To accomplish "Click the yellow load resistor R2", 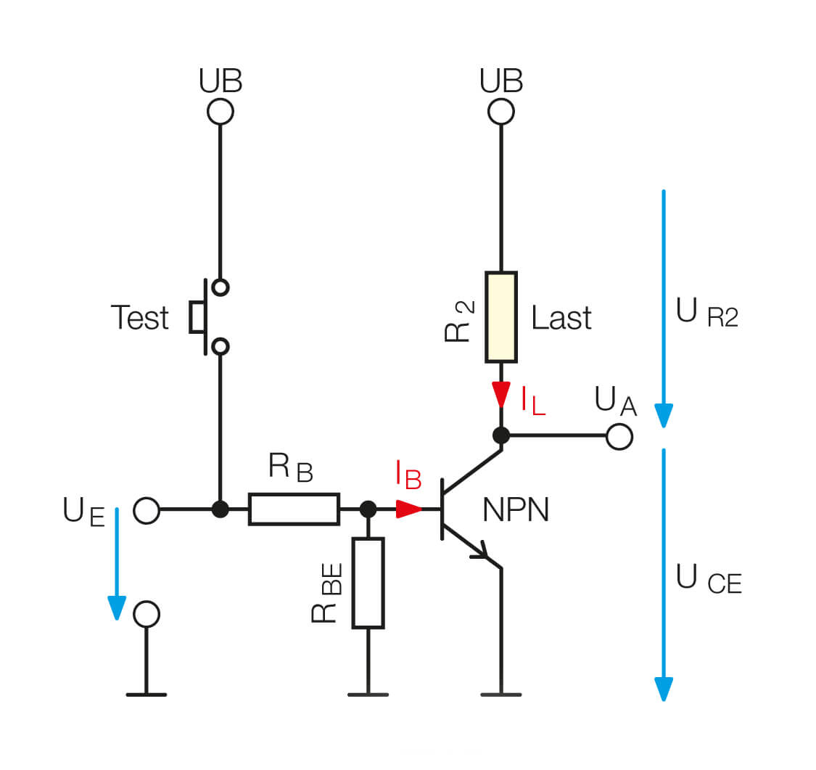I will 500,317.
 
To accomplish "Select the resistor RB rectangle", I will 294,509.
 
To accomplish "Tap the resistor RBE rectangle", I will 368,583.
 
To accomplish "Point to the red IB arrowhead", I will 410,509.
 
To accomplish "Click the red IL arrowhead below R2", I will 501,396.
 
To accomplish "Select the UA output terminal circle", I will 619,436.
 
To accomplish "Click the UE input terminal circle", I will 147,510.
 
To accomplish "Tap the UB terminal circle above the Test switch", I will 220,112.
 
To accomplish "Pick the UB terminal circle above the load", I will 501,112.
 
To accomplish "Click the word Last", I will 561,318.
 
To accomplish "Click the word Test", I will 140,318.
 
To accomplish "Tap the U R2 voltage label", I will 706,314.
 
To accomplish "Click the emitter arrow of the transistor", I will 481,553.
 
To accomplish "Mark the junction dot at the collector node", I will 501,435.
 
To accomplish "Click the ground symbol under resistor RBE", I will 368,694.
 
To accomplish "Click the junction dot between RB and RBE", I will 368,509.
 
